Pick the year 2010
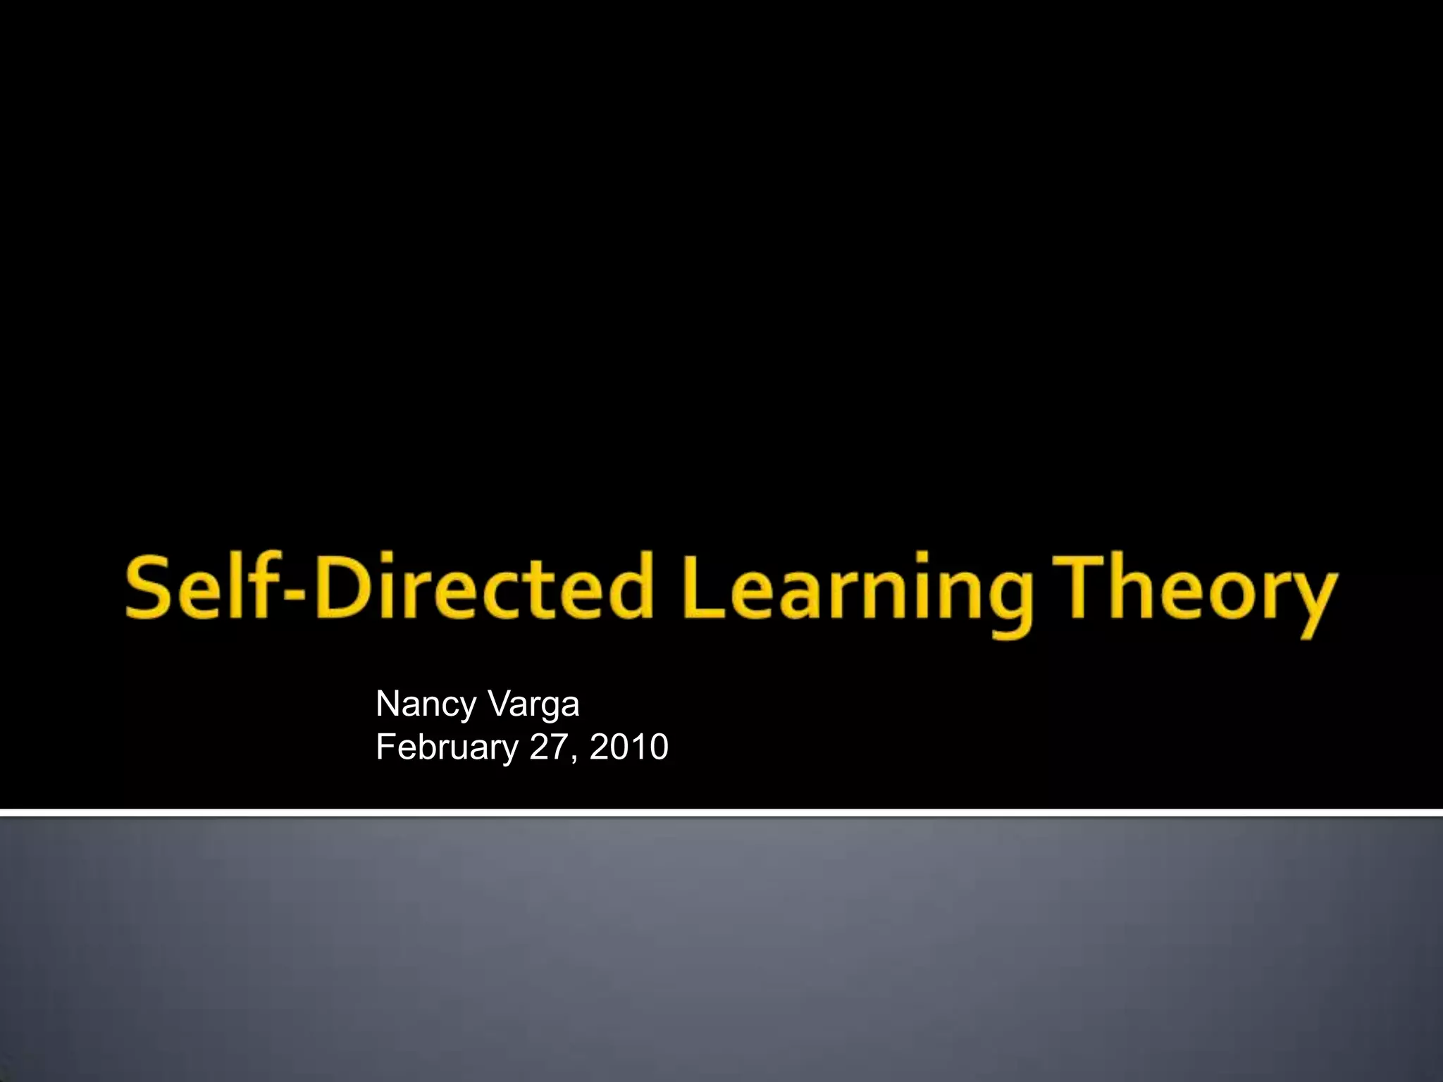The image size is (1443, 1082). (628, 747)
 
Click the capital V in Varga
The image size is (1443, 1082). (498, 704)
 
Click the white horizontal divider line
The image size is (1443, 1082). (721, 813)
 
